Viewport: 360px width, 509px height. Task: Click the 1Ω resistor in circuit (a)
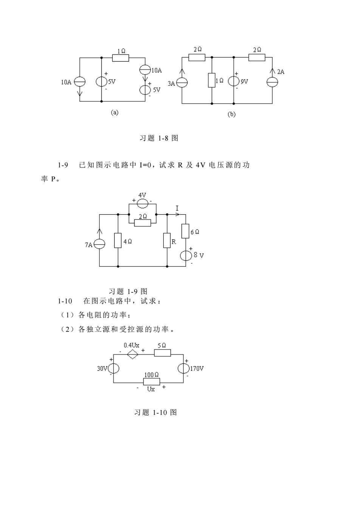pyautogui.click(x=121, y=58)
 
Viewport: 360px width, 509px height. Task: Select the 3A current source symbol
pyautogui.click(x=182, y=82)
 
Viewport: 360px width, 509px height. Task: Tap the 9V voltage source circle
pyautogui.click(x=234, y=81)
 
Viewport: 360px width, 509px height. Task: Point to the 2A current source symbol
pyautogui.click(x=272, y=82)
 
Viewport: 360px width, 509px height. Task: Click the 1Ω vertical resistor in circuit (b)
pyautogui.click(x=212, y=80)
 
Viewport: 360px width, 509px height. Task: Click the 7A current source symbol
pyautogui.click(x=99, y=244)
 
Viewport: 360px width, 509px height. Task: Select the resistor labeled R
pyautogui.click(x=167, y=240)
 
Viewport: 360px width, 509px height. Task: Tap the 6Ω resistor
pyautogui.click(x=185, y=231)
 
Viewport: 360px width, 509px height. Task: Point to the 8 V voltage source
pyautogui.click(x=186, y=256)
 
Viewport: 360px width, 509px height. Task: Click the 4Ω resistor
pyautogui.click(x=118, y=240)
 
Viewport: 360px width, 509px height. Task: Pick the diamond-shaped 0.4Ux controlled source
pyautogui.click(x=133, y=354)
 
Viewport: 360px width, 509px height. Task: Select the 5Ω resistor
pyautogui.click(x=162, y=353)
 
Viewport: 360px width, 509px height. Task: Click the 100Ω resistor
pyautogui.click(x=152, y=382)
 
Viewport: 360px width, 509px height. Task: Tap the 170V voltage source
pyautogui.click(x=183, y=368)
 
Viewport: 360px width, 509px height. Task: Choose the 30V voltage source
pyautogui.click(x=113, y=368)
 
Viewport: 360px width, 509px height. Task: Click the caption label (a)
pyautogui.click(x=115, y=113)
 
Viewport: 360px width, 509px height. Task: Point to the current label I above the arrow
pyautogui.click(x=177, y=208)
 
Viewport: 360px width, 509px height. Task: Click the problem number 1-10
pyautogui.click(x=65, y=301)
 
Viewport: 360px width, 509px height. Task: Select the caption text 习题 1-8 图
pyautogui.click(x=159, y=138)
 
